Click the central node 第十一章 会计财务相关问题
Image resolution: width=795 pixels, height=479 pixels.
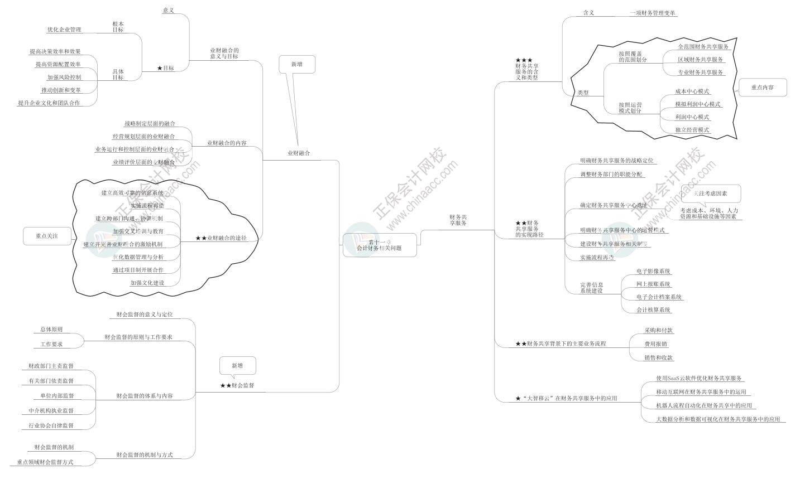coord(380,245)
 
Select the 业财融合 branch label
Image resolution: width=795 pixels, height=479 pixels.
coord(299,153)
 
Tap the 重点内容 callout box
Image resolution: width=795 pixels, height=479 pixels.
coord(762,87)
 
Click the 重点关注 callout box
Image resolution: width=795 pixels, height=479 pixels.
coord(47,236)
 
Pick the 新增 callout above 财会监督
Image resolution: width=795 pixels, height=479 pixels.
coord(237,366)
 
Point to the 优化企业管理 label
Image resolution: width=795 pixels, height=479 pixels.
coord(64,30)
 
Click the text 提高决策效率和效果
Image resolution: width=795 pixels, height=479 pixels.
coord(55,52)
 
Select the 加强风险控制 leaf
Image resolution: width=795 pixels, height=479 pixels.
coord(64,78)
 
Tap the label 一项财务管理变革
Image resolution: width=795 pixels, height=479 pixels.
coord(653,13)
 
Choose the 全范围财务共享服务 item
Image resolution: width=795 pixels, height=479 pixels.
coord(703,47)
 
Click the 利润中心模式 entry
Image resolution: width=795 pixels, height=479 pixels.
coord(692,117)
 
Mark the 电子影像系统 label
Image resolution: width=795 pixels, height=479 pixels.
coord(653,272)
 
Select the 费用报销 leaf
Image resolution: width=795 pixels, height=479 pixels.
coord(655,345)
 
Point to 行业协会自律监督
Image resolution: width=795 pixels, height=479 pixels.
coord(51,425)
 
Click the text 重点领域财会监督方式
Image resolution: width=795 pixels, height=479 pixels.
coord(45,462)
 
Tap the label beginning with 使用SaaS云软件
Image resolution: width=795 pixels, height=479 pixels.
coord(700,379)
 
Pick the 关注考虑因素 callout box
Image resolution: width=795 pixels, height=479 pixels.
coord(710,193)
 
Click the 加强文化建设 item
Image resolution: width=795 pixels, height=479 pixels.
coord(147,283)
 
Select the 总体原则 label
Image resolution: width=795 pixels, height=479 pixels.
coord(51,330)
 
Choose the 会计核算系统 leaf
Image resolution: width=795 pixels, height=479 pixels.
coord(654,310)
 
